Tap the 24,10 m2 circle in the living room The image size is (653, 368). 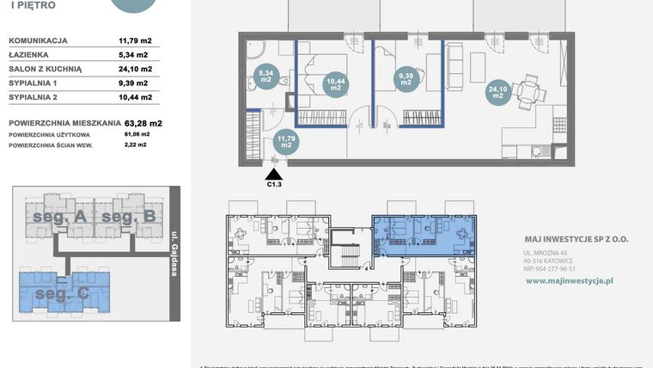click(x=497, y=91)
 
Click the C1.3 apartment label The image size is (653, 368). click(x=274, y=183)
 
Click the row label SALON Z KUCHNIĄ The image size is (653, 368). click(x=45, y=69)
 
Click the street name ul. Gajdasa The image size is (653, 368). click(x=174, y=255)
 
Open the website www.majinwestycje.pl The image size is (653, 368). click(x=567, y=280)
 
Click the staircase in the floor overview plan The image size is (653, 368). click(x=349, y=255)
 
